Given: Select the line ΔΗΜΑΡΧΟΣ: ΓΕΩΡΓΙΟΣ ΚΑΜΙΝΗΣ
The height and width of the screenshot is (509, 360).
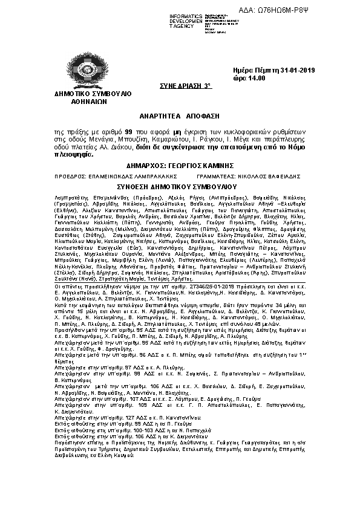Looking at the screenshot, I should click(180, 166).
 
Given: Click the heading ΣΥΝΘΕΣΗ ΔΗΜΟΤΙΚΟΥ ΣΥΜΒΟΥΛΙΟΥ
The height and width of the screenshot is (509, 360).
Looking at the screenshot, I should click(180, 187).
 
